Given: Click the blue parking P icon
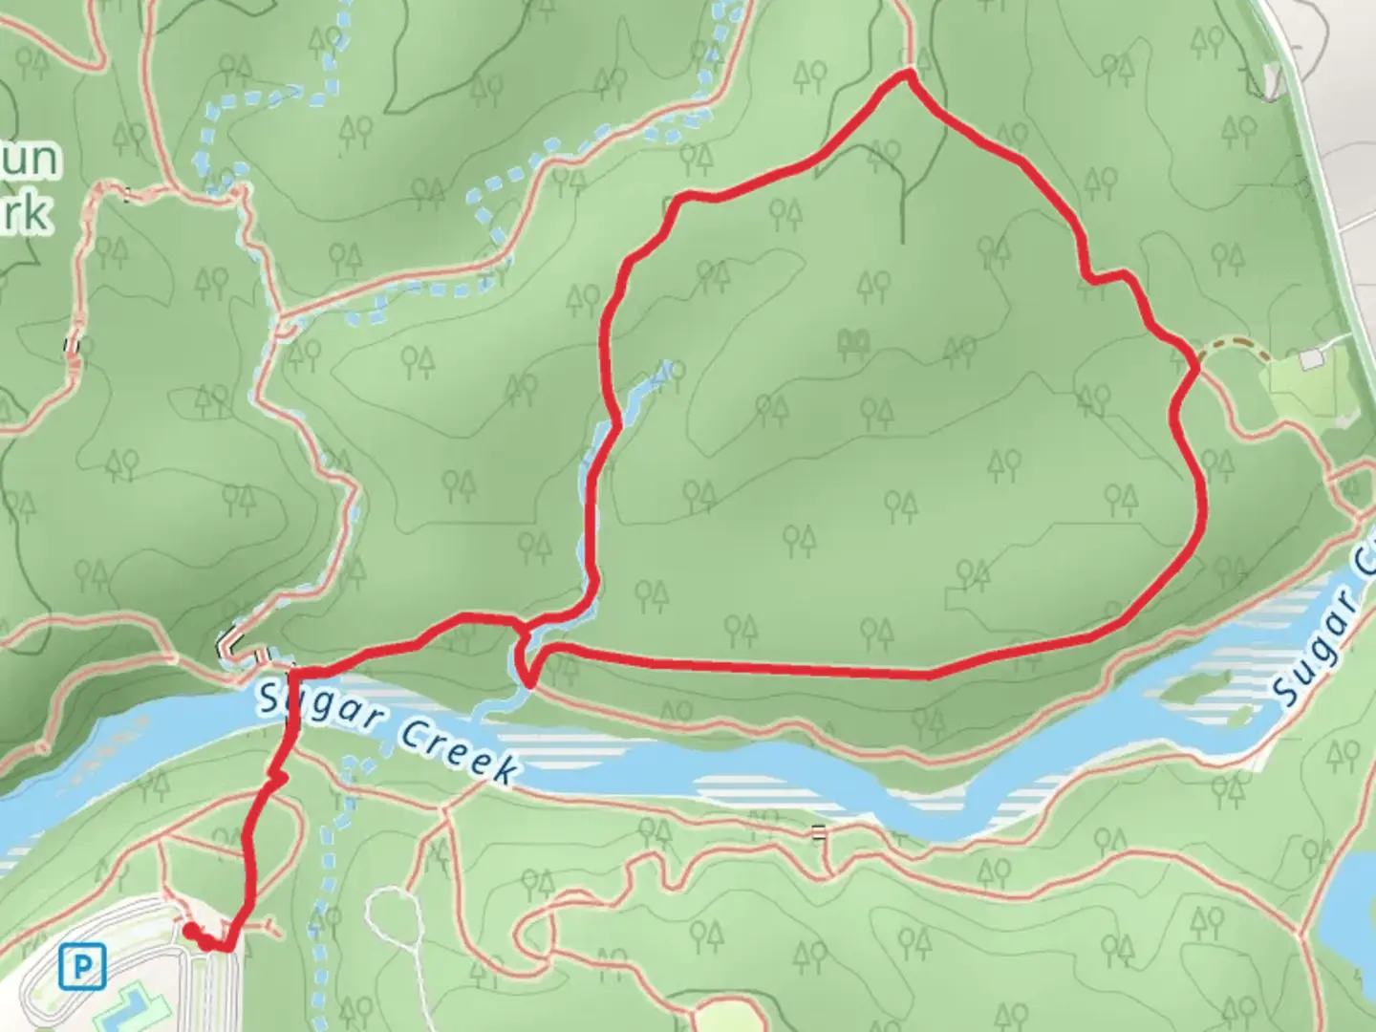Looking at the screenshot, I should point(82,968).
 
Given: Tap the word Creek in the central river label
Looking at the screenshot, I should point(457,752).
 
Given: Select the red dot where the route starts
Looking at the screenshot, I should point(191,929).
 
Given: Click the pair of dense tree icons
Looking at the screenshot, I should point(853,341).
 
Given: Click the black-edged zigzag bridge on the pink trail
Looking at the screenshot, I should point(229,642).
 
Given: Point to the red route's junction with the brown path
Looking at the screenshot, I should point(1195,364).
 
